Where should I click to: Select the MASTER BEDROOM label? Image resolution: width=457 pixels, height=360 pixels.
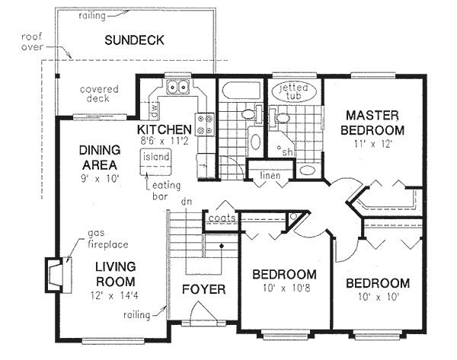point(372,122)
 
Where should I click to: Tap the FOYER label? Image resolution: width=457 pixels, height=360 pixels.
point(203,289)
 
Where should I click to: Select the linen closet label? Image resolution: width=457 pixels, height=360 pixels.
point(270,176)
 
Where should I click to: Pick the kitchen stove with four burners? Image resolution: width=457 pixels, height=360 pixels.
point(205,123)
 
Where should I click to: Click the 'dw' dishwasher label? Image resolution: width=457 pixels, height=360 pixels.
point(153,111)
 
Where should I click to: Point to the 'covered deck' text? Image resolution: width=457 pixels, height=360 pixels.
point(99,94)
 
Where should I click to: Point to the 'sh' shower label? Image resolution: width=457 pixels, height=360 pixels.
point(286,150)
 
